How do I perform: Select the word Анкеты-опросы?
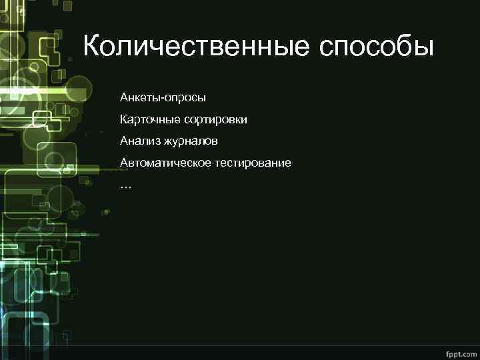(163, 98)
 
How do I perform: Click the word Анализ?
(138, 141)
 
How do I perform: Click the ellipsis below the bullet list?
(126, 186)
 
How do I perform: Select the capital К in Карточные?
(124, 120)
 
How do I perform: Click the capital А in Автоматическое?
(125, 163)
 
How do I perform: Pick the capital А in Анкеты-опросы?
(125, 98)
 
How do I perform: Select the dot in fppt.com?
(458, 351)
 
